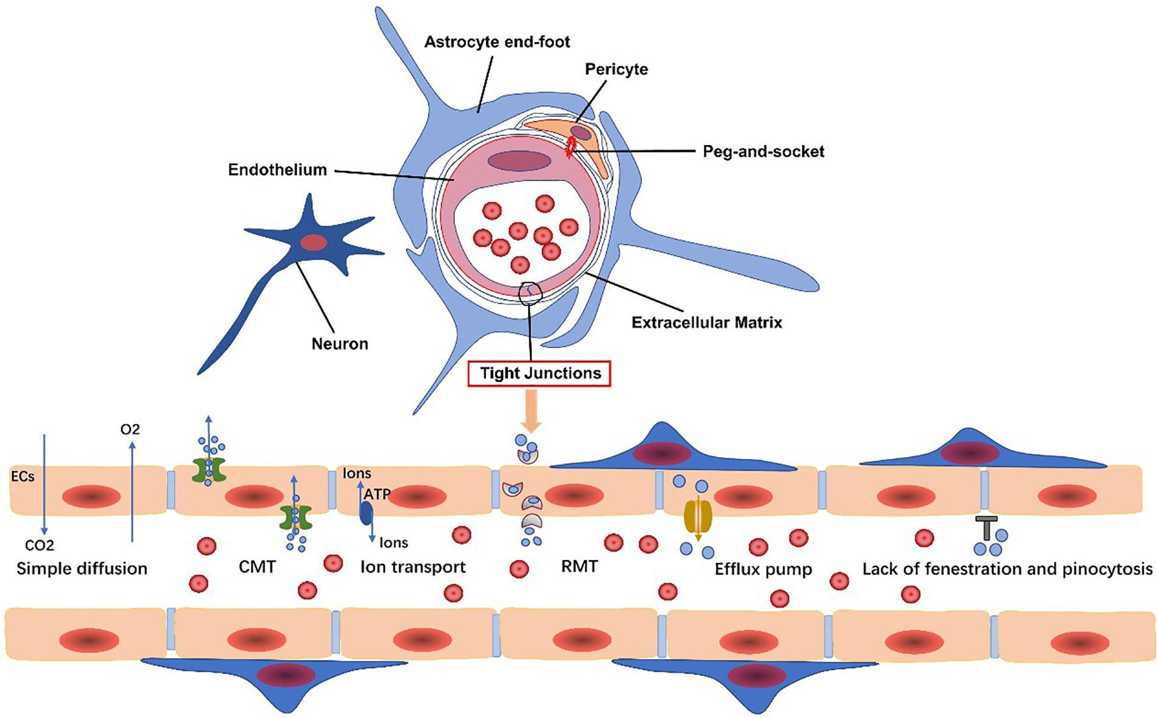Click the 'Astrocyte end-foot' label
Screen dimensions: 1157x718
click(x=497, y=42)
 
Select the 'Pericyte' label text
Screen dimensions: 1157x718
click(x=616, y=69)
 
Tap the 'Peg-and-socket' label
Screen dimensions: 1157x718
click(x=764, y=151)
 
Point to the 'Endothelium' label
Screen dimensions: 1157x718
click(x=277, y=169)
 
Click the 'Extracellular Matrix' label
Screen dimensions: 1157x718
click(x=706, y=322)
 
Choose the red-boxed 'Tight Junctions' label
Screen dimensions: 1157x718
click(x=540, y=373)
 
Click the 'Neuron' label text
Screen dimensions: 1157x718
click(x=340, y=344)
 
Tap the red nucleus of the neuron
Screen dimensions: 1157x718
click(x=314, y=242)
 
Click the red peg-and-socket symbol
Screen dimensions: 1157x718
click(x=571, y=146)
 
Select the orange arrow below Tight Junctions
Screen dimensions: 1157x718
click(x=530, y=410)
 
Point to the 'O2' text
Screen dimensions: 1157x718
click(x=130, y=429)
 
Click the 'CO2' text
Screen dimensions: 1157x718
click(x=40, y=545)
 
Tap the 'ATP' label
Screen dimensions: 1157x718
click(x=378, y=494)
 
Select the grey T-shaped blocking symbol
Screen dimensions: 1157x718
click(x=986, y=528)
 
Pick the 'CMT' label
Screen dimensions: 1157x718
click(x=257, y=567)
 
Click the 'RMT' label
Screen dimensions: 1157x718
click(x=579, y=566)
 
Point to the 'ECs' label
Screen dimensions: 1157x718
click(x=23, y=476)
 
